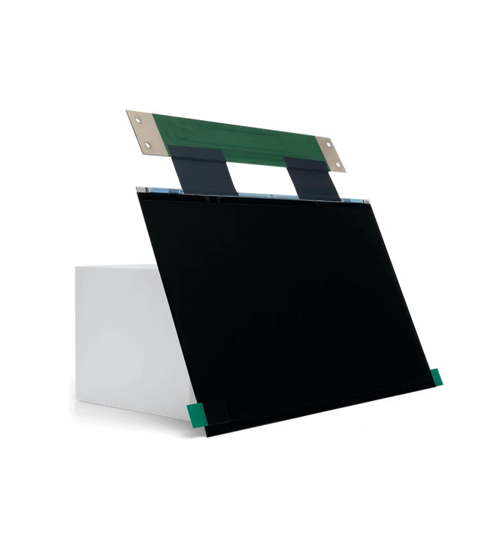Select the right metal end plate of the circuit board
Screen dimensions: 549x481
pyautogui.click(x=331, y=151)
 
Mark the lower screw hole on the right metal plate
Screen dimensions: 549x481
pyautogui.click(x=338, y=164)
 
